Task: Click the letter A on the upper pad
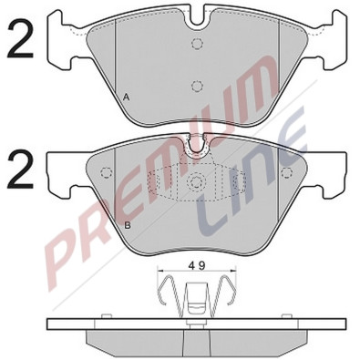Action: coord(127,98)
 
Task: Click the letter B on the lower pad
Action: coord(128,226)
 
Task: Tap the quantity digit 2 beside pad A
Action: coord(20,38)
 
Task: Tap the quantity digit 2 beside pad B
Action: coord(20,170)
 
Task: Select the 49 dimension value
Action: coord(197,265)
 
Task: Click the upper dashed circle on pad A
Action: coord(197,44)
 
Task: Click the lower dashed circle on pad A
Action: coord(197,86)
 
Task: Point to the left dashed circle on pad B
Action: coord(106,173)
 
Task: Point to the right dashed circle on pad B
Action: coord(286,173)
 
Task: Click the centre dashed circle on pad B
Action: coord(195,181)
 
